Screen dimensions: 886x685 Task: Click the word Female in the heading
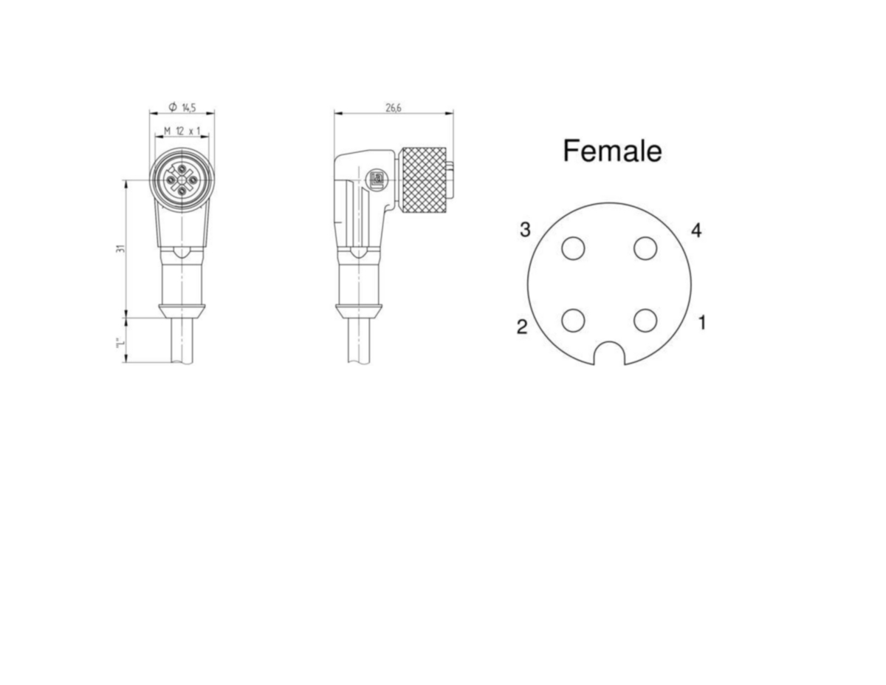click(x=612, y=151)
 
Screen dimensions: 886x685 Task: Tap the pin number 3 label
click(x=525, y=230)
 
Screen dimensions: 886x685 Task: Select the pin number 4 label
click(x=696, y=231)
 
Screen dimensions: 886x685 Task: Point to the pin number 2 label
click(x=522, y=327)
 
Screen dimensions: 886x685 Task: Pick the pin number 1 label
click(x=702, y=323)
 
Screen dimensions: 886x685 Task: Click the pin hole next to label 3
click(x=573, y=248)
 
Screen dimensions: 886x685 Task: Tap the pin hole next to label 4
click(x=645, y=248)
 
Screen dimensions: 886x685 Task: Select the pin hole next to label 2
click(x=573, y=320)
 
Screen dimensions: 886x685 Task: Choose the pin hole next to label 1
click(x=645, y=320)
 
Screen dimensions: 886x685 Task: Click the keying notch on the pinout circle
click(x=609, y=344)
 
